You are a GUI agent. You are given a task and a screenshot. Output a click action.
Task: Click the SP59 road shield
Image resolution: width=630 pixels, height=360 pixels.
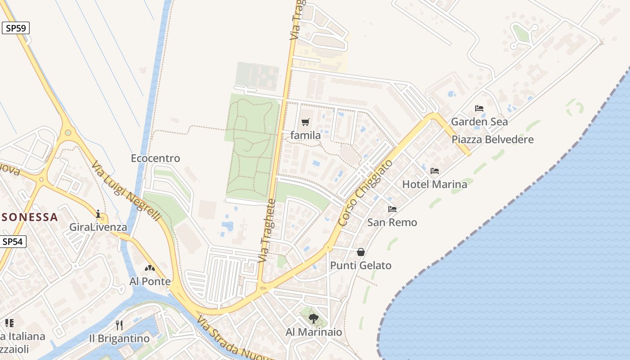[16, 28]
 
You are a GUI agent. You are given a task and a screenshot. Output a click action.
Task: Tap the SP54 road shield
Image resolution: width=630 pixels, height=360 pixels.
[12, 242]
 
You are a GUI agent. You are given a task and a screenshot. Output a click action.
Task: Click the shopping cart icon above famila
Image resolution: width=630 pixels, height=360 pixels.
[306, 122]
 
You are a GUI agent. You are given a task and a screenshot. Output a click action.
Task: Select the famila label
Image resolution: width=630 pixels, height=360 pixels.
[306, 135]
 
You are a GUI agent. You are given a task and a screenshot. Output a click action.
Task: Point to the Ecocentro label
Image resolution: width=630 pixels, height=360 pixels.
[155, 158]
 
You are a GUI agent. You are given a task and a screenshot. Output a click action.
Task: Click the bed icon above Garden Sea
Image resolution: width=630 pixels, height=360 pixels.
[479, 108]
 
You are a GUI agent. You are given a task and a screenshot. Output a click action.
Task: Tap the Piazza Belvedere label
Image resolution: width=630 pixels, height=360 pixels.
[492, 139]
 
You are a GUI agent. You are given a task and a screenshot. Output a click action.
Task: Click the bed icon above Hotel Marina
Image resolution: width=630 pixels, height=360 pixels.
[434, 171]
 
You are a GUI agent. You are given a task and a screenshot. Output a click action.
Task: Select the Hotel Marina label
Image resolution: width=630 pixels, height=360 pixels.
[434, 184]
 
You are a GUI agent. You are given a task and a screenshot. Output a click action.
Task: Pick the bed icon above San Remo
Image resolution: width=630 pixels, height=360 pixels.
[392, 209]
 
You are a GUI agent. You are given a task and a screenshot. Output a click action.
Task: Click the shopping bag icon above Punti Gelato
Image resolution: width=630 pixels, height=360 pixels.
[361, 252]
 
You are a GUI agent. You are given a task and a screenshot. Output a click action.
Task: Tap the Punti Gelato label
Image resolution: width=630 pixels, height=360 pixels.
[361, 265]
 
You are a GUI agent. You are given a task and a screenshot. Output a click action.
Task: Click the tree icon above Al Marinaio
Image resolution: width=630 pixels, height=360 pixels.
[314, 319]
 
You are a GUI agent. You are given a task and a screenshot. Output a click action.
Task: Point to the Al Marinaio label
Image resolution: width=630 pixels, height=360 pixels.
[314, 332]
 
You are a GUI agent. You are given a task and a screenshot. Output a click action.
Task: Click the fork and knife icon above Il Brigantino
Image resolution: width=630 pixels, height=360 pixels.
[119, 325]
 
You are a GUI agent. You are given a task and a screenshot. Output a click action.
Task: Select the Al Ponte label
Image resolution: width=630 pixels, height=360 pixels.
[150, 282]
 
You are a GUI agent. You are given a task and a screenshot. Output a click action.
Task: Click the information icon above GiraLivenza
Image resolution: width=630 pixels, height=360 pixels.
[98, 214]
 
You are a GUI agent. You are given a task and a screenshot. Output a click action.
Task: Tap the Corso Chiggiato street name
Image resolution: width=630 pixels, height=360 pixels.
[365, 193]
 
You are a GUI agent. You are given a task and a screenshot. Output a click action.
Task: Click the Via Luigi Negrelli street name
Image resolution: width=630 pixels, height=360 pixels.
[126, 191]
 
